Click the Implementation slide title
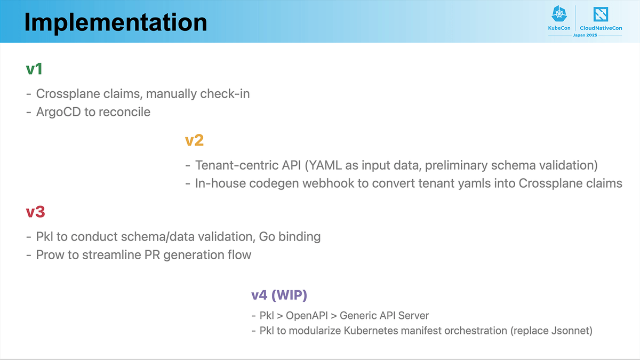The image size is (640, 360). tap(116, 22)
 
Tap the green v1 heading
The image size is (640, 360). tap(34, 69)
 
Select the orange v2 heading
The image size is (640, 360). tap(194, 140)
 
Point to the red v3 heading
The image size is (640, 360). tap(35, 212)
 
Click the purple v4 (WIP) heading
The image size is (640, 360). tap(279, 295)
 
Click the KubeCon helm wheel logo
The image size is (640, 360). tap(559, 14)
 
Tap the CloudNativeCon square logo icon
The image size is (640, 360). tap(601, 14)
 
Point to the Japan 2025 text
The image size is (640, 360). tap(585, 35)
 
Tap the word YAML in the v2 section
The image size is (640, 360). tap(325, 165)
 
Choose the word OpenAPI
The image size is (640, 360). tap(307, 316)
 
